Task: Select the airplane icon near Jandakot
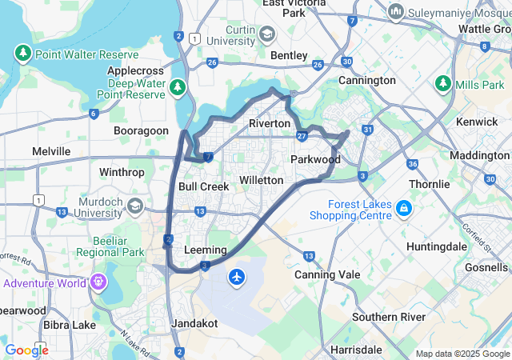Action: pos(237,277)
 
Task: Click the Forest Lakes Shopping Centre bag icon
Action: pos(405,209)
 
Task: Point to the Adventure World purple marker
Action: pos(98,282)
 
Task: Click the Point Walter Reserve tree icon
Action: pos(22,54)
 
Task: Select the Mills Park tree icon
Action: pos(443,84)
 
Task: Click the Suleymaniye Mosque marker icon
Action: pos(395,12)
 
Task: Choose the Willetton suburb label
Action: pos(262,180)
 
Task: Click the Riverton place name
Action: pos(270,124)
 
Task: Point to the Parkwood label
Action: pos(315,159)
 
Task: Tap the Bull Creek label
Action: pos(203,186)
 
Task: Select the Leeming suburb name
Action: pos(206,250)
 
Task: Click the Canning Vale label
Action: pos(322,275)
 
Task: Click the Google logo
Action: pos(26,350)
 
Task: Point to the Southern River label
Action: pos(390,317)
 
